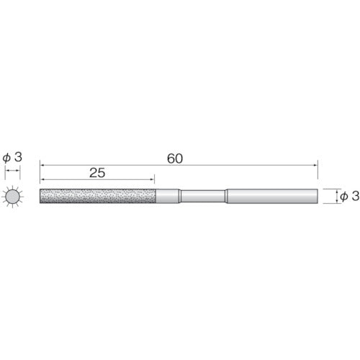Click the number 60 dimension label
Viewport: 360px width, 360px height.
coord(175,158)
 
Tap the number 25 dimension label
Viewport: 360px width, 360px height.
coord(97,173)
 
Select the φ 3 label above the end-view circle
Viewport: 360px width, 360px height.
coord(12,157)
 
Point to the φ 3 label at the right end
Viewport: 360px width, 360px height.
coord(350,196)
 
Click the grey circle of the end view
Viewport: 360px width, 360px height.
coord(12,197)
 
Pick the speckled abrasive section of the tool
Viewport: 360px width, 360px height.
coord(98,197)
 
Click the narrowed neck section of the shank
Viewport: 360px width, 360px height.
coord(203,197)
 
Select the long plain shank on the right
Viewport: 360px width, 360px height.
coord(272,197)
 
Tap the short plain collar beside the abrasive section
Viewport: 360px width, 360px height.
coord(168,197)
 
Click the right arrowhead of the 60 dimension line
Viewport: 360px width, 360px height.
coord(315,165)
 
